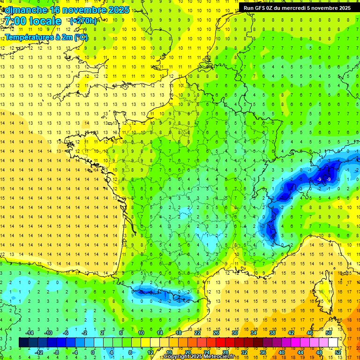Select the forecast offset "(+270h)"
click(83, 21)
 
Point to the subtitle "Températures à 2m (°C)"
click(46, 37)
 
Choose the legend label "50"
click(329, 333)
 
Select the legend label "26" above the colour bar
click(216, 333)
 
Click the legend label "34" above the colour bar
click(254, 333)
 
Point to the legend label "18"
click(179, 333)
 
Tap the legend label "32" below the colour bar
click(244, 352)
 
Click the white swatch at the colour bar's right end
click(333, 342)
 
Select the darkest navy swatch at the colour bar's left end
click(23, 342)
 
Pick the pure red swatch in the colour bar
click(220, 342)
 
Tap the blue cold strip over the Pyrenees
click(159, 294)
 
